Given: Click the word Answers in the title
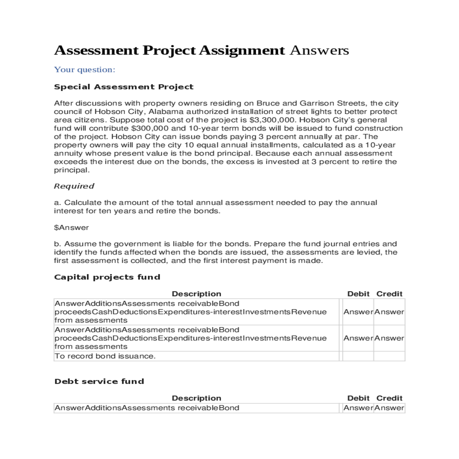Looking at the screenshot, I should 319,50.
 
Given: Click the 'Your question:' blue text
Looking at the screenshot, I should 85,70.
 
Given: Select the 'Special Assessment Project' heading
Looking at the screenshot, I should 124,87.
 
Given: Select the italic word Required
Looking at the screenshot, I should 74,186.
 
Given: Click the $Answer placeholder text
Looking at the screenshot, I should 71,228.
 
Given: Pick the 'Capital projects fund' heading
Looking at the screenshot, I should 107,277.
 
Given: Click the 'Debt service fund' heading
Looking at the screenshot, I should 99,381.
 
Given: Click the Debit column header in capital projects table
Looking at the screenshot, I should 358,294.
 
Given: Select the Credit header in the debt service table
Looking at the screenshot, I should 389,398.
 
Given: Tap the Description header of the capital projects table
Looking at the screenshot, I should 196,294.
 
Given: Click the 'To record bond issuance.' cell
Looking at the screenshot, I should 105,356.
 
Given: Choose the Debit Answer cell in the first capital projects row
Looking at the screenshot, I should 358,312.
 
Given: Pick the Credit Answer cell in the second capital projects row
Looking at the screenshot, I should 389,338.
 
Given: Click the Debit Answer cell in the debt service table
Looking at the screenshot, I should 358,408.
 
